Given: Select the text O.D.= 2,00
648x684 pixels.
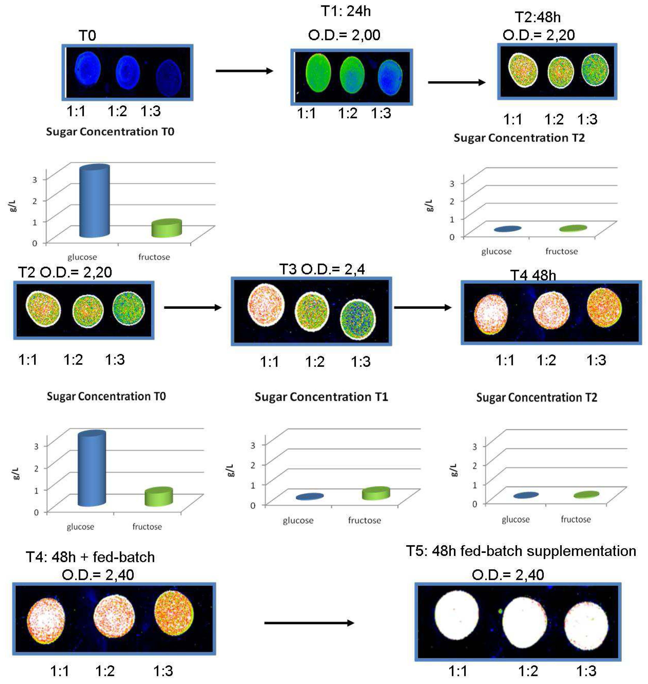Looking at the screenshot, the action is pos(344,35).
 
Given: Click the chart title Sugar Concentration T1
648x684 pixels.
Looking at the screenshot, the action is pos(321,397).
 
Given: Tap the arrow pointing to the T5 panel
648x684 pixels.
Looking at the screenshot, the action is pos(309,623).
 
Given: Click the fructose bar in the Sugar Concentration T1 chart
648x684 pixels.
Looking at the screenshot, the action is pos(376,493).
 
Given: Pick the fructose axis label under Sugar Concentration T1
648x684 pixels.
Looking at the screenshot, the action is pos(364,520).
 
